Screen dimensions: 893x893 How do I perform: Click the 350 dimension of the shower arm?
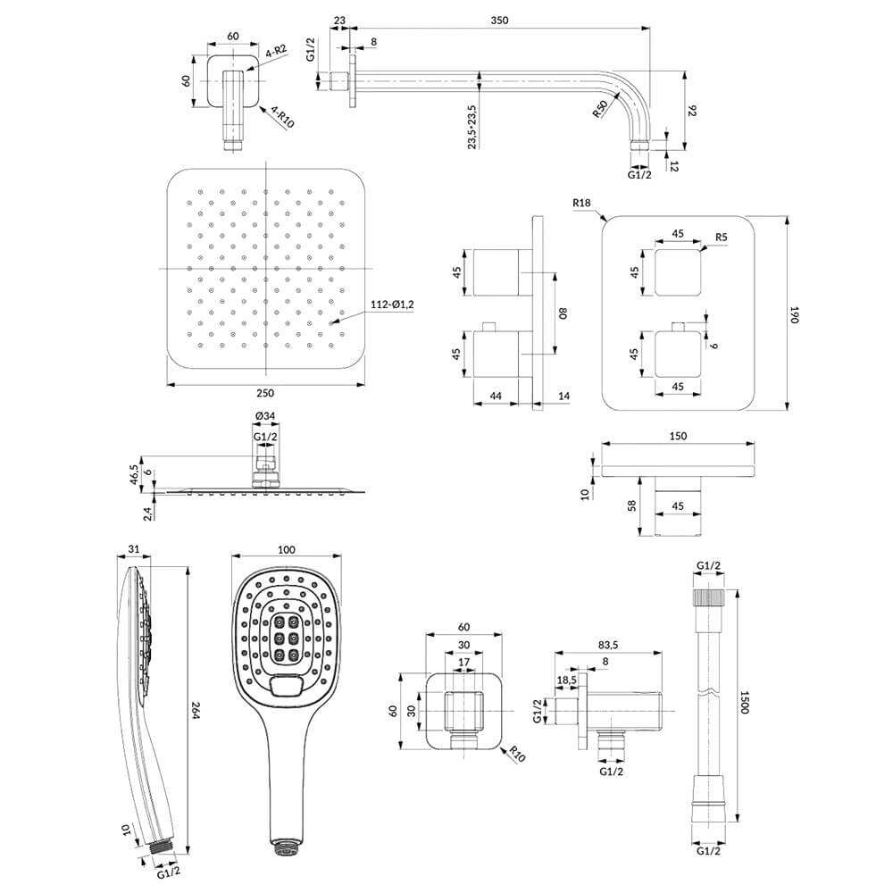coord(499,21)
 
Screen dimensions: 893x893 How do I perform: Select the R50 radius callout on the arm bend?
coord(601,108)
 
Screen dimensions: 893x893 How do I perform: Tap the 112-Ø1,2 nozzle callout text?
coord(392,305)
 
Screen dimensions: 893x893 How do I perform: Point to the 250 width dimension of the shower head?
coord(265,393)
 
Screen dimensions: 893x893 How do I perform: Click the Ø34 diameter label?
coord(265,416)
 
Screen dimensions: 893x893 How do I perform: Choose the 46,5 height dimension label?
coord(134,474)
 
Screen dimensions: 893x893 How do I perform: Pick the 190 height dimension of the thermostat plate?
coord(795,315)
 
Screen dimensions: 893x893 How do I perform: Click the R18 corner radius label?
coord(582,203)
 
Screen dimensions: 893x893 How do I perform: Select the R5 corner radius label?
coord(721,238)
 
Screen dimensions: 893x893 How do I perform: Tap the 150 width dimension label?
coord(678,437)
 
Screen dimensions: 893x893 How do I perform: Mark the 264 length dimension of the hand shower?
coord(196,709)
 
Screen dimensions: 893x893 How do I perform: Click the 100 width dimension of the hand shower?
coord(287,549)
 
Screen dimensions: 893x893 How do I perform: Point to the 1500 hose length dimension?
coord(746,702)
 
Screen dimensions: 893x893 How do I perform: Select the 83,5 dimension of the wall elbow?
coord(608,646)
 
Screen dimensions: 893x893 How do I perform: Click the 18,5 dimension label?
coord(567,680)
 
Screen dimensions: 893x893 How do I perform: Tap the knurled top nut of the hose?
coord(709,597)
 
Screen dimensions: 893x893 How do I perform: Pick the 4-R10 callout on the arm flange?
coord(282,117)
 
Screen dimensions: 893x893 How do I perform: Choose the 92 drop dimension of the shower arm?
coord(693,111)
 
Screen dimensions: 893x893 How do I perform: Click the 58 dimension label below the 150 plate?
coord(631,505)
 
